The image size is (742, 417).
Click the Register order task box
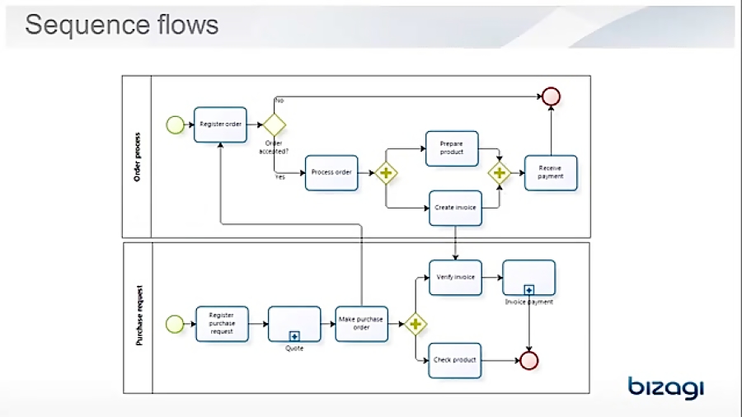point(220,124)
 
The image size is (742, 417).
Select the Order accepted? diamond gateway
point(273,124)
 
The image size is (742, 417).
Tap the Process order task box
point(331,172)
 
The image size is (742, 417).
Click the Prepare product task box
point(452,148)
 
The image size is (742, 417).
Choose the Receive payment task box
point(550,172)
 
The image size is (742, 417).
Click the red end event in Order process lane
point(551,96)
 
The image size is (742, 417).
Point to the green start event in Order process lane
point(175,124)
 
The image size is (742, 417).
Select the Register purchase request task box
point(221,324)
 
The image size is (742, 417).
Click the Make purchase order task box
point(361,324)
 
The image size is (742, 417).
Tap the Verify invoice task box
point(455,278)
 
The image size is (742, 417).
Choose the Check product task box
point(455,360)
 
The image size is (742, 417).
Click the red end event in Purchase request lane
point(529,360)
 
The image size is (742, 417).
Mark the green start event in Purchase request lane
point(175,324)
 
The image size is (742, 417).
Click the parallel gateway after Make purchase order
point(415,325)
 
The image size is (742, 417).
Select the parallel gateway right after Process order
point(386,173)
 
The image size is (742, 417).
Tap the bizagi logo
point(665,387)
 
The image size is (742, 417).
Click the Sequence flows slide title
point(122,25)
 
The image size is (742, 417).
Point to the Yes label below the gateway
point(279,177)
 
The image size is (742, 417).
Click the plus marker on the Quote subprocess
point(294,336)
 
